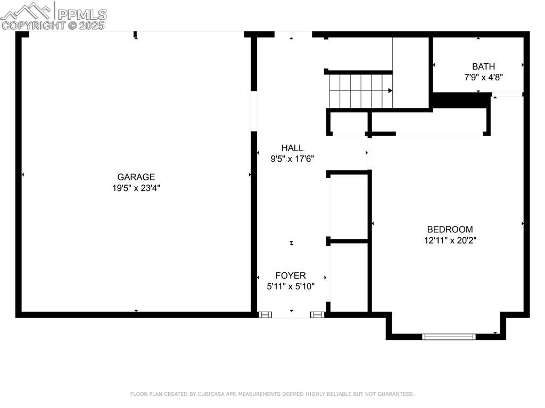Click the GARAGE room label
(136, 177)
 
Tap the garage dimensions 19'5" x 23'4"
(136, 188)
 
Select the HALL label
(292, 148)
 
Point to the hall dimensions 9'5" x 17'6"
(292, 159)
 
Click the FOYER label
(291, 276)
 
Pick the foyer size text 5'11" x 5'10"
(291, 286)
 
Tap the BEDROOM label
(450, 229)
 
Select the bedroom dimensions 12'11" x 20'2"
(450, 240)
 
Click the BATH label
(483, 66)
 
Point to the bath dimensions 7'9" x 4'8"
(483, 77)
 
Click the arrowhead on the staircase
(390, 91)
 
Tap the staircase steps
(361, 91)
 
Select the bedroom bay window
(448, 336)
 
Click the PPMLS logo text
(82, 14)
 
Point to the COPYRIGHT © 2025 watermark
(53, 26)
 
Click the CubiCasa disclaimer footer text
(272, 394)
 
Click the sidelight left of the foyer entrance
(265, 315)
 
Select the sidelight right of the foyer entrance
(317, 315)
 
